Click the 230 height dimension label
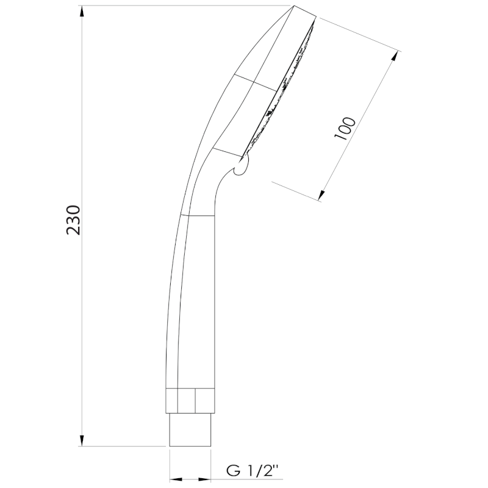[74, 220]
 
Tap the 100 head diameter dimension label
[346, 128]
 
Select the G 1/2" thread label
[252, 470]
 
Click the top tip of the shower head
[295, 7]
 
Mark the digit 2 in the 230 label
[74, 231]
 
